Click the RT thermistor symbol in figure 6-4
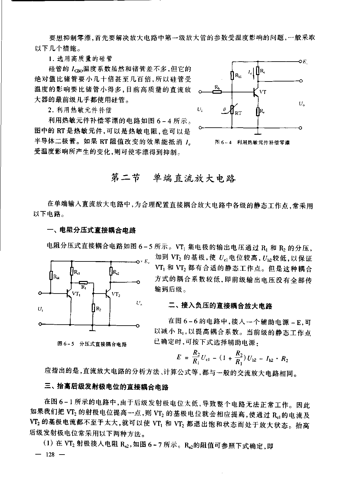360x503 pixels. [x=232, y=111]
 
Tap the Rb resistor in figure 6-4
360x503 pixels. [x=217, y=92]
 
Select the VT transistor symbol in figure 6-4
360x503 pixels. [x=256, y=92]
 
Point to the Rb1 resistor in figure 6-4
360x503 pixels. [x=232, y=76]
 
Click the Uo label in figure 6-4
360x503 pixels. [x=301, y=104]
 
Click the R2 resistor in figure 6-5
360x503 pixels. [x=92, y=308]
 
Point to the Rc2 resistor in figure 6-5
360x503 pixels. [x=111, y=272]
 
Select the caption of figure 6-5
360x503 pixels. [x=92, y=344]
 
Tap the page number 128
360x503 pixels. [x=51, y=455]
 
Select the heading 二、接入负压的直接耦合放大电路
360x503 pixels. [x=220, y=306]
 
